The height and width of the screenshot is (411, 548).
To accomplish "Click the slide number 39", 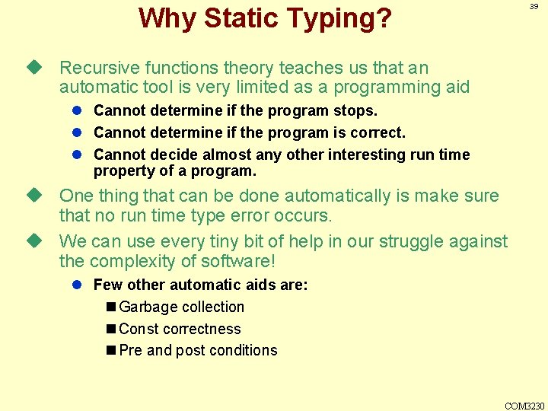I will click(x=534, y=6).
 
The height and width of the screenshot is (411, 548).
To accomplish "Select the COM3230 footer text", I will click(x=525, y=406).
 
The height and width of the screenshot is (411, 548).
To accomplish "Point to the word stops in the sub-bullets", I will click(x=355, y=111).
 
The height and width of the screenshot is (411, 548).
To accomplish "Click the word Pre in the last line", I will click(x=131, y=351).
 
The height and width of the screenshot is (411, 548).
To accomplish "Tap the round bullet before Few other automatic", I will click(x=78, y=285).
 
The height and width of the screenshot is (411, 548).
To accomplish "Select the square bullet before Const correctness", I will click(x=112, y=330).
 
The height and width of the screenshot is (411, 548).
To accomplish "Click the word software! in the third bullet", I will click(x=237, y=262).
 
